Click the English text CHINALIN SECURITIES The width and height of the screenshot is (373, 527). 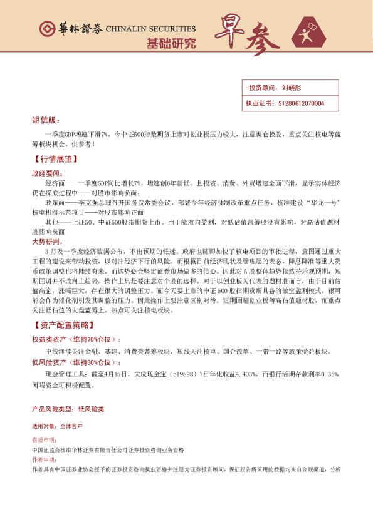151,29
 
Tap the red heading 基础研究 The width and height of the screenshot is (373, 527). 171,44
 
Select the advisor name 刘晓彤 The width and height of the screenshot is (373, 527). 292,89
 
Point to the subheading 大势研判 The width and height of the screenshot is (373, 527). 47,242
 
